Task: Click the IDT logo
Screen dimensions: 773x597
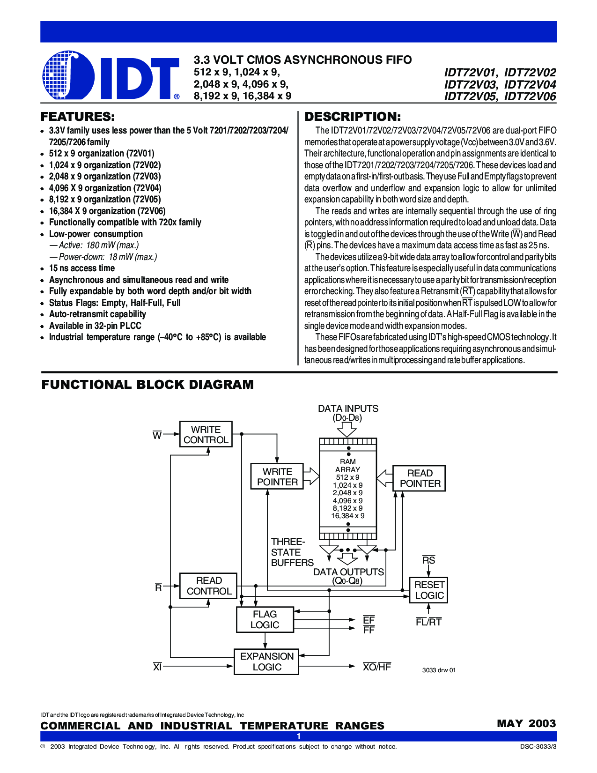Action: pos(111,76)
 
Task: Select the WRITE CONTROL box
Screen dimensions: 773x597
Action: pos(206,434)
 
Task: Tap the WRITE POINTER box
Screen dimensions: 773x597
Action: pos(277,477)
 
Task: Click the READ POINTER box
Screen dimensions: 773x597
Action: pos(420,478)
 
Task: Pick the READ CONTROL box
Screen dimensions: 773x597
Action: pos(208,586)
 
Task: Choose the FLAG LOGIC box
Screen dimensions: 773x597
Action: pos(265,619)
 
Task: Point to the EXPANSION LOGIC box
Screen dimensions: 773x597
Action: pos(266,662)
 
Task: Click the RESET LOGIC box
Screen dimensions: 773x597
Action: pos(428,590)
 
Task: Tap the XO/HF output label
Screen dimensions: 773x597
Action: pos(376,667)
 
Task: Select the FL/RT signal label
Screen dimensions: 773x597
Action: pos(428,622)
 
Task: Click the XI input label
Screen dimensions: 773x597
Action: pos(157,667)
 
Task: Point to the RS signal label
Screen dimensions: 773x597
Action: pos(428,560)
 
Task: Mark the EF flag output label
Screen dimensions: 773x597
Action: pos(369,620)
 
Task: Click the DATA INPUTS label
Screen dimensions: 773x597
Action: pos(348,409)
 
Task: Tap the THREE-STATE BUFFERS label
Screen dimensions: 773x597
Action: pos(292,552)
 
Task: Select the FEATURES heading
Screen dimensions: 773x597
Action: pos(78,117)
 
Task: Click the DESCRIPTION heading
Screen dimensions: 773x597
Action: pos(353,117)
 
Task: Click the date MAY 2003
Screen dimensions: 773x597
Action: pos(526,723)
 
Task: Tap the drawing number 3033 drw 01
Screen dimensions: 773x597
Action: pos(439,670)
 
